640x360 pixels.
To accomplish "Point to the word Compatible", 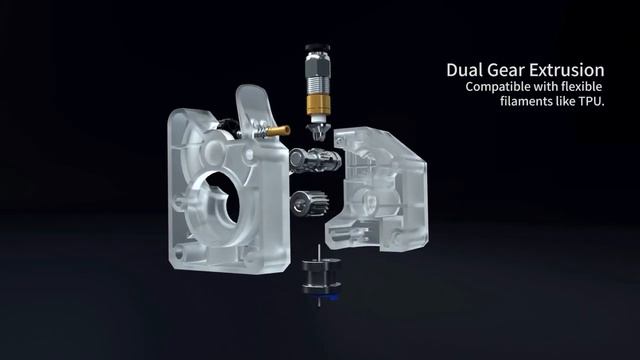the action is coord(493,87).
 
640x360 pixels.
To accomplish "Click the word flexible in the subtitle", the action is coord(582,87).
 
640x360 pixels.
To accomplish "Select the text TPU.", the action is coord(591,101).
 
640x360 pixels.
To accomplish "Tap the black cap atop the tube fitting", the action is coord(317,48).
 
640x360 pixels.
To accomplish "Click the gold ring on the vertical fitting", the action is coord(317,104).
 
